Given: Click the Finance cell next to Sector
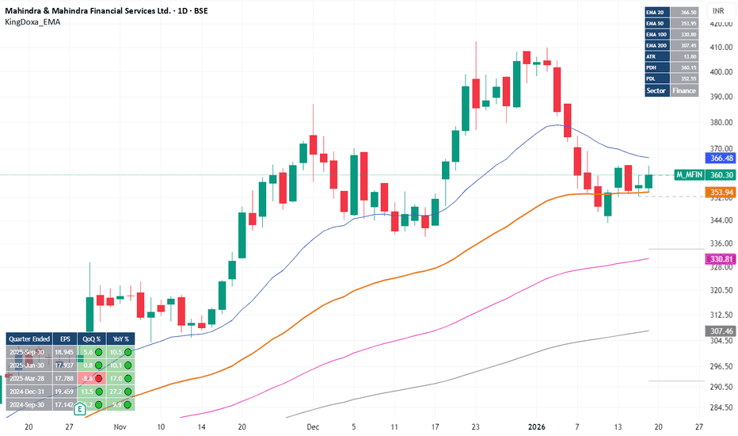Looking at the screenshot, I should [685, 90].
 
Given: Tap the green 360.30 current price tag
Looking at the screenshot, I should [720, 174].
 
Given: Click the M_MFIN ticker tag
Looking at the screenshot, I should [687, 174].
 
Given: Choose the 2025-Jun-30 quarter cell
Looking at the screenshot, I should [29, 365].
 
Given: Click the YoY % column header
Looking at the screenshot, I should [121, 338].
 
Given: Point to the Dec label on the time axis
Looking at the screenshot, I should [313, 426].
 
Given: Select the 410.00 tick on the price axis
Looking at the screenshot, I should [718, 48].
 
